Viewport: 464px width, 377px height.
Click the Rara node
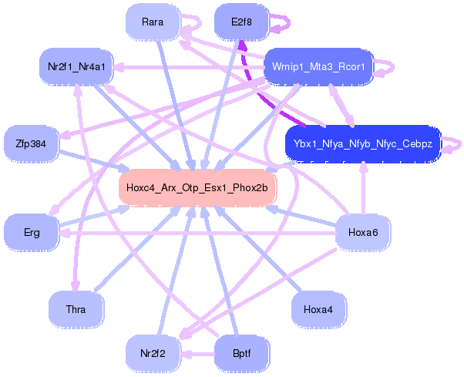[x=153, y=22]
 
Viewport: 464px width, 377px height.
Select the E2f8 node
[x=241, y=22]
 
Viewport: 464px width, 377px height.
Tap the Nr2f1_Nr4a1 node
[x=76, y=66]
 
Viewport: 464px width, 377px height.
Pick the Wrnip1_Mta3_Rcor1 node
[x=318, y=66]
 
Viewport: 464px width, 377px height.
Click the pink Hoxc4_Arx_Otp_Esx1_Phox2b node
[x=197, y=187]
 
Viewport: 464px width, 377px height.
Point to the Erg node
[x=32, y=231]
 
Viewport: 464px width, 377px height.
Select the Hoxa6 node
[x=362, y=232]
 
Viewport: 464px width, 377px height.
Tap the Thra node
[x=76, y=309]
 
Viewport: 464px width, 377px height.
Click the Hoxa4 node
[x=318, y=309]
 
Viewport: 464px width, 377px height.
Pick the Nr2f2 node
[x=153, y=353]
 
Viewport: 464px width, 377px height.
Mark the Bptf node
[x=241, y=353]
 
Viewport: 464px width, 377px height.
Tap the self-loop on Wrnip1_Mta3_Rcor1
[x=387, y=66]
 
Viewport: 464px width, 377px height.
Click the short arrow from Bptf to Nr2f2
[x=197, y=354]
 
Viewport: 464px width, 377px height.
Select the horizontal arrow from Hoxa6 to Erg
[x=193, y=232]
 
